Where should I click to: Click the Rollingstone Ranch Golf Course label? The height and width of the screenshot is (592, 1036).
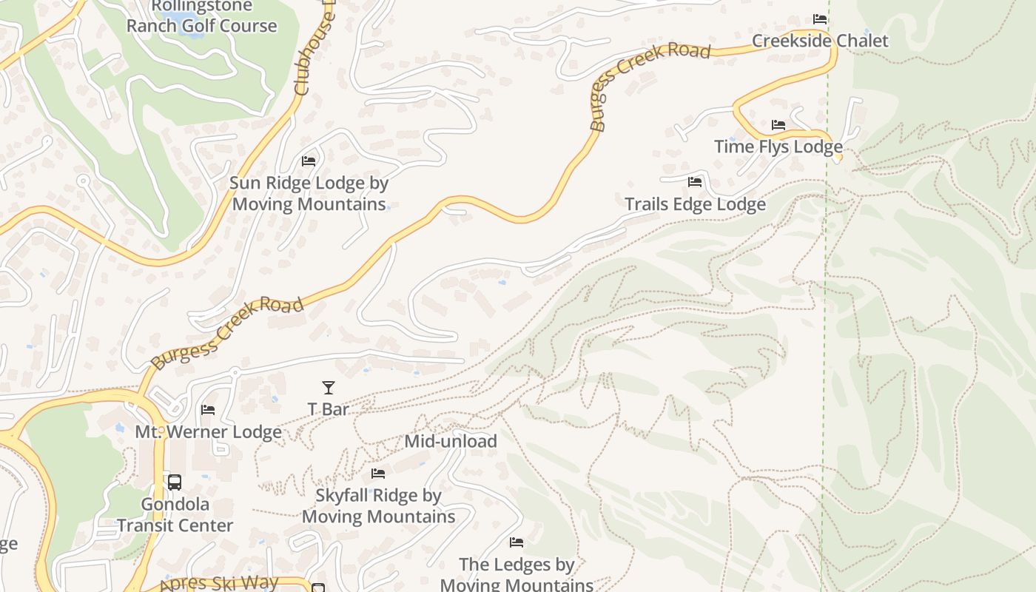(x=201, y=16)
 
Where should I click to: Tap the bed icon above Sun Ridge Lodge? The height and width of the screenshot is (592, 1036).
(x=309, y=161)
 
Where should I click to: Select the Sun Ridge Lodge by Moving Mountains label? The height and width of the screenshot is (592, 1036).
(x=309, y=193)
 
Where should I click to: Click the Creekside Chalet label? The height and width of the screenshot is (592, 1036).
(x=820, y=41)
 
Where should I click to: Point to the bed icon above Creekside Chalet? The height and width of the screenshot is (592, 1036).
(x=819, y=18)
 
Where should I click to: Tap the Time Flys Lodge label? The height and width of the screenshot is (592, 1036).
(x=778, y=147)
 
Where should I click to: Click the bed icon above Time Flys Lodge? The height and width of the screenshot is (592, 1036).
(x=778, y=124)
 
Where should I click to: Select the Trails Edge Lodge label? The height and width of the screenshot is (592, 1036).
(x=695, y=204)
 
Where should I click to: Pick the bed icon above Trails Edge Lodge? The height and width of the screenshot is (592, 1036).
(x=694, y=181)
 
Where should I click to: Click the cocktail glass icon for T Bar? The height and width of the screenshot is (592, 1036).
(x=329, y=387)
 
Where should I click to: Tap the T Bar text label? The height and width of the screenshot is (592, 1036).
(x=329, y=409)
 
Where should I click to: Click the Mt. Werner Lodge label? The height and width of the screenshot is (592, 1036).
(x=208, y=432)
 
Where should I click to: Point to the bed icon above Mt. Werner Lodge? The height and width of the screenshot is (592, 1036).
(x=208, y=409)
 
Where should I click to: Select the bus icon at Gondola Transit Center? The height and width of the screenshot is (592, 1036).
(x=175, y=482)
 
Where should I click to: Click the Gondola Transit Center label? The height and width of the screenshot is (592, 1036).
(x=175, y=515)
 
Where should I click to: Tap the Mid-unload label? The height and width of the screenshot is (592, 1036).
(x=451, y=442)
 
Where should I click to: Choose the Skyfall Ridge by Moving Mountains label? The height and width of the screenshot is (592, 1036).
(x=378, y=506)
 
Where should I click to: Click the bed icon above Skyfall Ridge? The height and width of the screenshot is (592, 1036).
(x=378, y=474)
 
